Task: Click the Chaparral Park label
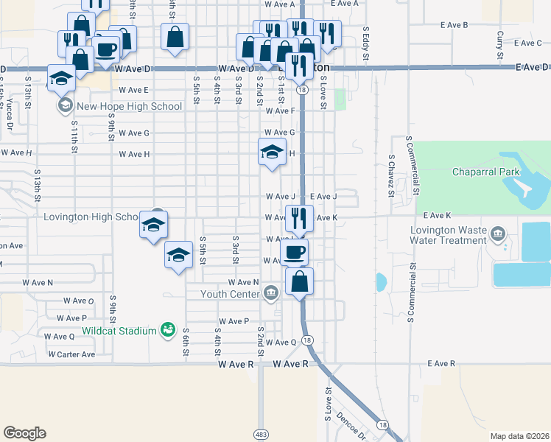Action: pos(486,172)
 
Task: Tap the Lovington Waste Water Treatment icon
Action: pos(499,235)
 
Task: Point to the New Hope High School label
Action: pos(129,106)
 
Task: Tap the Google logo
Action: pos(24,433)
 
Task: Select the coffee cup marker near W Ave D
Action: pos(106,50)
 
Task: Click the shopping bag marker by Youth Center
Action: pos(300,281)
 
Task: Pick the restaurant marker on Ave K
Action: pos(298,217)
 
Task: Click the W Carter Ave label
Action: pos(71,354)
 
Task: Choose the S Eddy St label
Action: pos(366,40)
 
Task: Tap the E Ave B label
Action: pos(455,25)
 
